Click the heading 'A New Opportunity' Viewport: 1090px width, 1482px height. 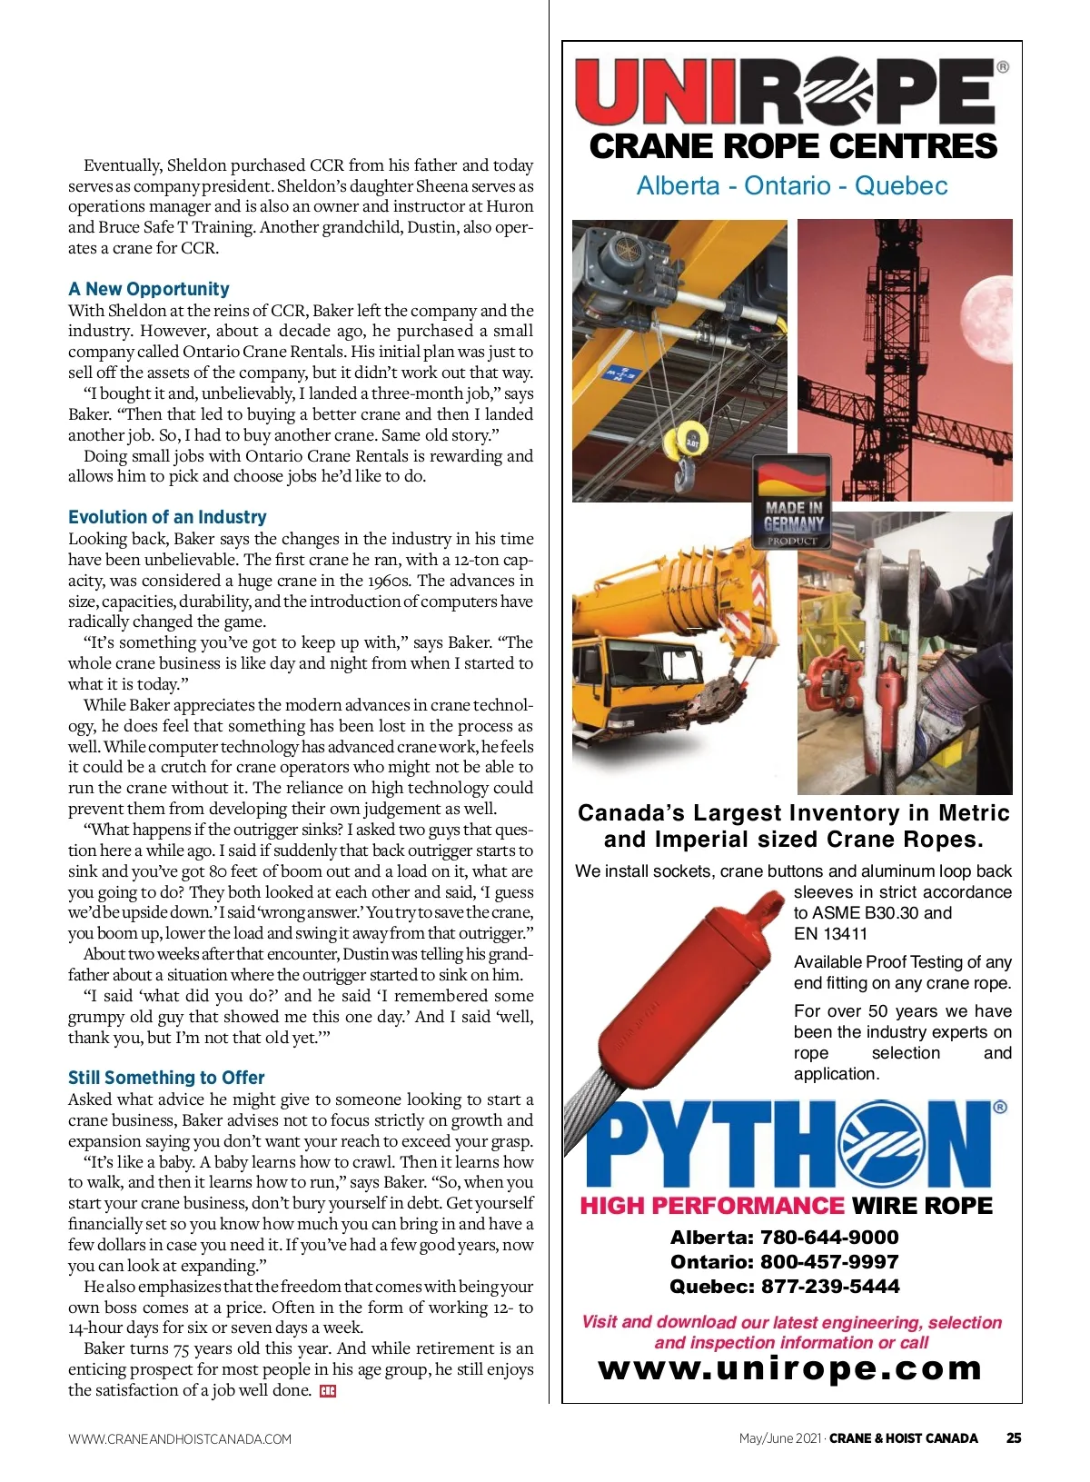[149, 289]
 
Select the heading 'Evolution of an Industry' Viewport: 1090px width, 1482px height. [167, 517]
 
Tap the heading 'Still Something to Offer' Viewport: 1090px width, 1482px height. [166, 1078]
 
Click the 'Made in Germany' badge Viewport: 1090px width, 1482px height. [793, 502]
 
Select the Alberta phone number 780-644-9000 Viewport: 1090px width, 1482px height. [785, 1238]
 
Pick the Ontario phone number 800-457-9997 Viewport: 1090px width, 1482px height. [785, 1262]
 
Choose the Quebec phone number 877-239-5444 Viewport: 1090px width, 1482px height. [785, 1287]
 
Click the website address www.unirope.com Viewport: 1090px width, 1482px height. [791, 1368]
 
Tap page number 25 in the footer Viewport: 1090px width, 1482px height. [1014, 1438]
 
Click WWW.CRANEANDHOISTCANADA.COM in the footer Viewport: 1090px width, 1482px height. [180, 1439]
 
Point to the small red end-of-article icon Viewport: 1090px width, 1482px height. [328, 1391]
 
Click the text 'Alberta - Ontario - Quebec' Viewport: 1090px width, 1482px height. [792, 186]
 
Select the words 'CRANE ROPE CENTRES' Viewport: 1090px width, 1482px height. [793, 147]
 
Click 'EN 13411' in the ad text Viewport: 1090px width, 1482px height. [830, 934]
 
